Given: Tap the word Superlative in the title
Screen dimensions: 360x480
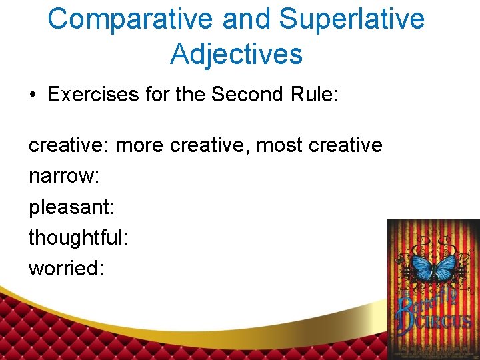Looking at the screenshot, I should (351, 19).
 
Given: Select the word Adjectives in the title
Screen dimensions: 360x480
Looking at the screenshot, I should (236, 53).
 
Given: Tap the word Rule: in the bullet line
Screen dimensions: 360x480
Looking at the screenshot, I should (316, 95).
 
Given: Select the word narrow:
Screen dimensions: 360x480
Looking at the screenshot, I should (64, 176).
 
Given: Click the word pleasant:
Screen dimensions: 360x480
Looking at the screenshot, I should (72, 207).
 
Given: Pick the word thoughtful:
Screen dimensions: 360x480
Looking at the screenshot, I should (78, 237).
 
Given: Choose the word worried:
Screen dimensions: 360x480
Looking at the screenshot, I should (66, 268).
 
